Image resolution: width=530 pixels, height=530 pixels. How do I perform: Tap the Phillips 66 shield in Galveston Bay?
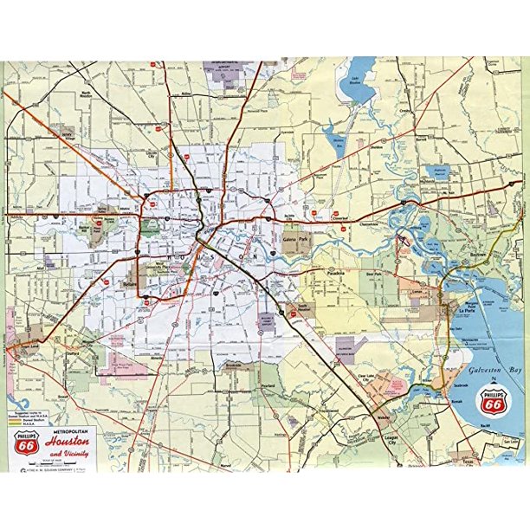492,401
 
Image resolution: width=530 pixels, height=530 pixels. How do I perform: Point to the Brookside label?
231,366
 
